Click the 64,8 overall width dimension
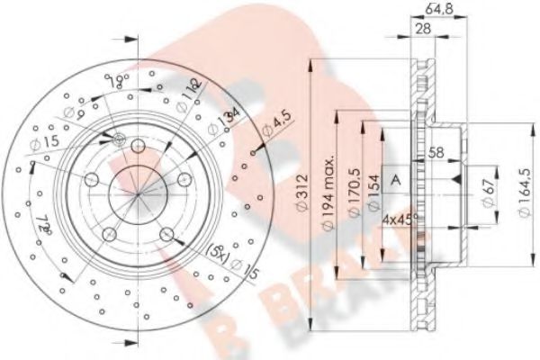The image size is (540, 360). [x=438, y=12]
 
